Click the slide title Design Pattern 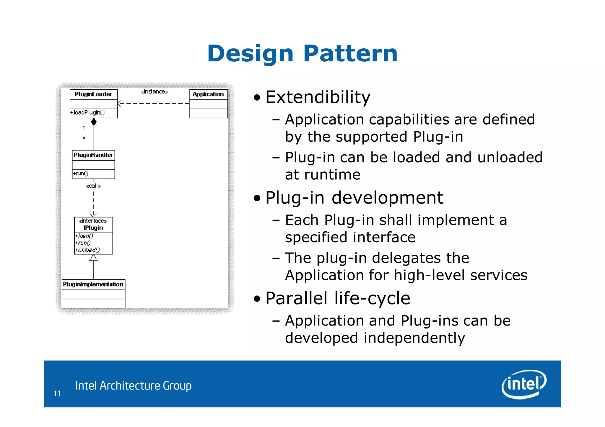click(x=302, y=54)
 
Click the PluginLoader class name click(x=93, y=94)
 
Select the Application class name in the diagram click(x=208, y=94)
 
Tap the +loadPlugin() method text click(x=88, y=113)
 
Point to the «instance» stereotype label click(x=154, y=92)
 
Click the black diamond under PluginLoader click(x=94, y=122)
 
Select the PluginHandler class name click(x=93, y=155)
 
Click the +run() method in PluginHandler click(x=81, y=174)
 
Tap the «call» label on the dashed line click(x=93, y=186)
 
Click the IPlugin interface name click(x=93, y=228)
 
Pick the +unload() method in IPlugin click(x=87, y=250)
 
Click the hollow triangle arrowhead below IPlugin click(x=93, y=258)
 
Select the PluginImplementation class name click(x=93, y=284)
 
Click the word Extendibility click(x=318, y=97)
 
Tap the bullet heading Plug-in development click(x=354, y=197)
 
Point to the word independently click(x=414, y=338)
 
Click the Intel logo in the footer click(x=524, y=384)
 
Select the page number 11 click(x=57, y=393)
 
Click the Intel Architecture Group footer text click(x=133, y=386)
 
